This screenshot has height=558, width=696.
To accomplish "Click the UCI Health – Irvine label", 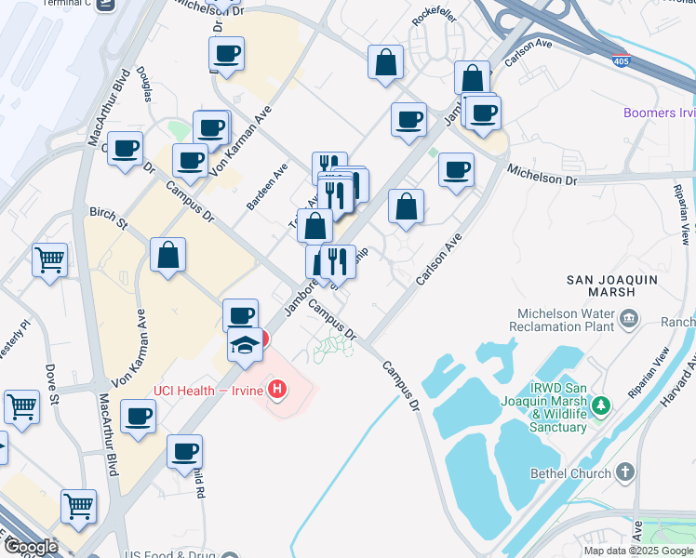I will pyautogui.click(x=209, y=388).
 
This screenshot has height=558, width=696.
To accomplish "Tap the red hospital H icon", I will pyautogui.click(x=276, y=388).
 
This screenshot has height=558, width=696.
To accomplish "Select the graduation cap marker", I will pyautogui.click(x=245, y=346).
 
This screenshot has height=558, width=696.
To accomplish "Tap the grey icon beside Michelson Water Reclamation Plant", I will pyautogui.click(x=629, y=320).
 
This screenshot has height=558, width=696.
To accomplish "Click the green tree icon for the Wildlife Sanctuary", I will pyautogui.click(x=602, y=405).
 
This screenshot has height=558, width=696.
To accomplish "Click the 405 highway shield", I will pyautogui.click(x=621, y=61).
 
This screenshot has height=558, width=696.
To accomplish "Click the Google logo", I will pyautogui.click(x=30, y=547).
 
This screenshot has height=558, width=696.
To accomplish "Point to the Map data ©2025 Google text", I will pyautogui.click(x=638, y=551).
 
